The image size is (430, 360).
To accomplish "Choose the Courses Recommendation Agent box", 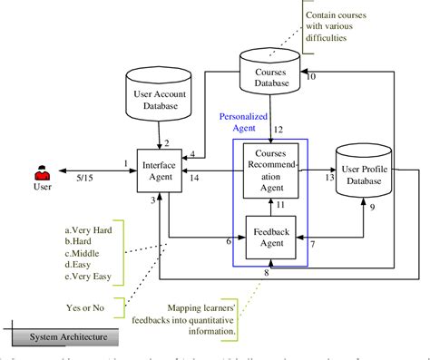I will [270, 168].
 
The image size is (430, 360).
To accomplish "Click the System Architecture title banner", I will [67, 338].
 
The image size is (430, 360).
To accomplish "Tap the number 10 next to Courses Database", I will [313, 76].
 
